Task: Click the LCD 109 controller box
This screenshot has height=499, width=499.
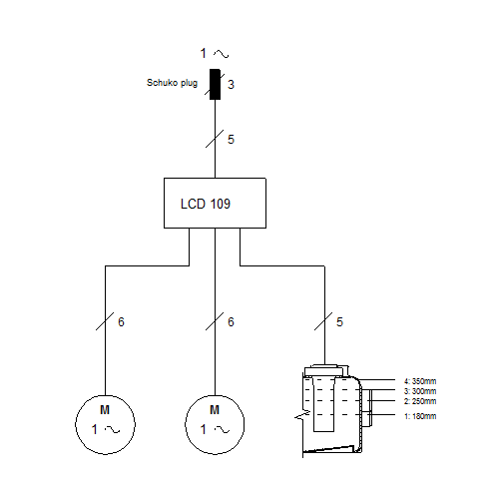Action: [x=215, y=203]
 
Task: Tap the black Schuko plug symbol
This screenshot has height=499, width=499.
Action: [x=215, y=84]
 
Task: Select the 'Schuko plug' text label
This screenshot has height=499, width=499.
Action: [x=172, y=83]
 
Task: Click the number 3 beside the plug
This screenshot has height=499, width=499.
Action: [x=231, y=85]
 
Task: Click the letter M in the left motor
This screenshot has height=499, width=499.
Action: [x=105, y=410]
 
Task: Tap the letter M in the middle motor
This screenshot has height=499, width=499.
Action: [x=215, y=410]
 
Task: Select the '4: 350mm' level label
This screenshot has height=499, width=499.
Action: [x=420, y=381]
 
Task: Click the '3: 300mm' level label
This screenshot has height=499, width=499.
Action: [x=420, y=391]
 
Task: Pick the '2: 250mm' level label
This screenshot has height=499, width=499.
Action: [x=420, y=401]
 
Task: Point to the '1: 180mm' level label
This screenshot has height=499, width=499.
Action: [x=420, y=416]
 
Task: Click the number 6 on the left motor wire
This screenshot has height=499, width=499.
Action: [x=121, y=322]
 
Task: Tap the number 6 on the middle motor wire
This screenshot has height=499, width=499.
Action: [x=231, y=322]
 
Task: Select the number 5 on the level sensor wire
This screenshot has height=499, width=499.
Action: [x=339, y=322]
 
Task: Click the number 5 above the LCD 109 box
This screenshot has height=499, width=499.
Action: [x=231, y=140]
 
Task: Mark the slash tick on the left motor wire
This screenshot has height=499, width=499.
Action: [x=105, y=321]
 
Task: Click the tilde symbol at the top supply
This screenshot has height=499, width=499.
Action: [x=222, y=54]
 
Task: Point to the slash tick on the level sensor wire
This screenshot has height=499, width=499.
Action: [x=323, y=321]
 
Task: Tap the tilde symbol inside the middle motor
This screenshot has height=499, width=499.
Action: [x=222, y=430]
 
